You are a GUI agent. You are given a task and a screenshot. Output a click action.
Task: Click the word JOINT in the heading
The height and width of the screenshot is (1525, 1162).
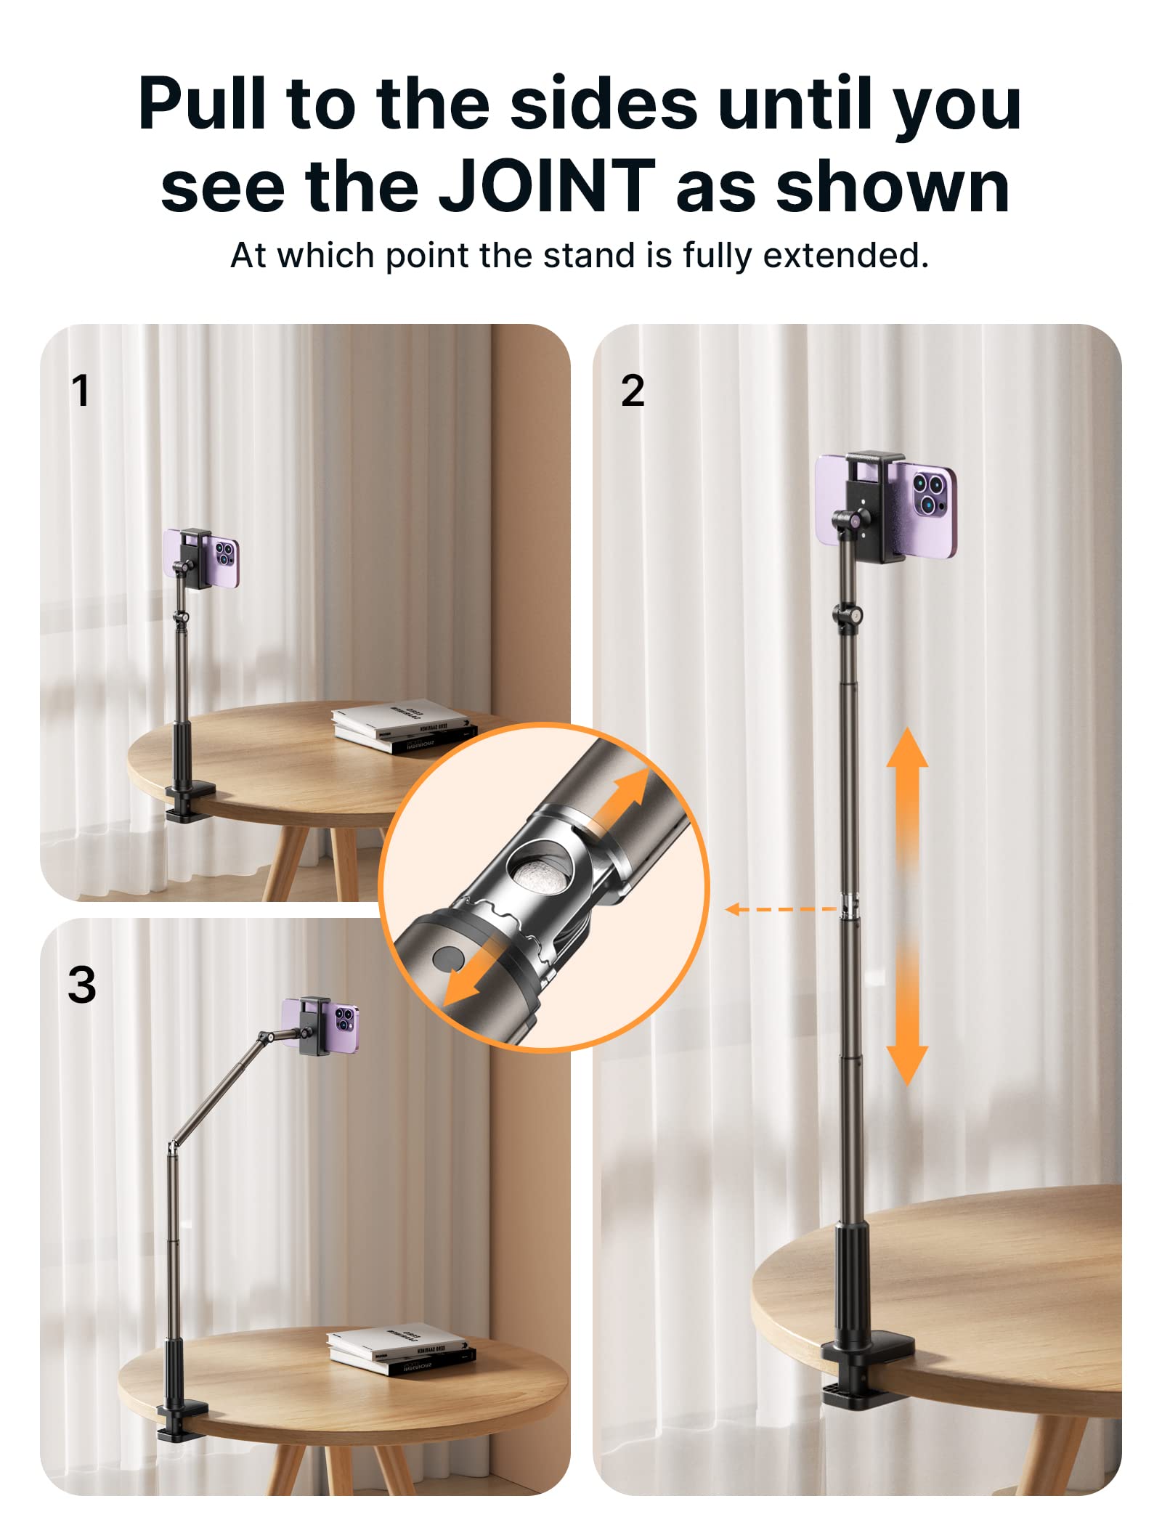(547, 187)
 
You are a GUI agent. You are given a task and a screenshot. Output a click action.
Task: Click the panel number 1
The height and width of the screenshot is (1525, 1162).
(80, 391)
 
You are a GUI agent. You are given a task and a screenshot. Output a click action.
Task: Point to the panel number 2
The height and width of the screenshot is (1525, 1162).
(633, 391)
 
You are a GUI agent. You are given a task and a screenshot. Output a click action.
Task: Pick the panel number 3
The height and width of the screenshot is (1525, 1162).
(81, 985)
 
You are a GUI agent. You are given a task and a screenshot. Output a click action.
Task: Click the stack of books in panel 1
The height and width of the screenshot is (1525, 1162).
(403, 728)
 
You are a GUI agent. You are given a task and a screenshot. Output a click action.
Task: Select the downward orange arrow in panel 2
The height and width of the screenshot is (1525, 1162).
(907, 1017)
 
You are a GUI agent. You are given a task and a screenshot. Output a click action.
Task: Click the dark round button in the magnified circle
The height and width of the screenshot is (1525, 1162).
(449, 959)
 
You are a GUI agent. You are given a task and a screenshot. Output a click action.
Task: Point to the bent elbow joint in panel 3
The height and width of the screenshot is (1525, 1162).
(173, 1146)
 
